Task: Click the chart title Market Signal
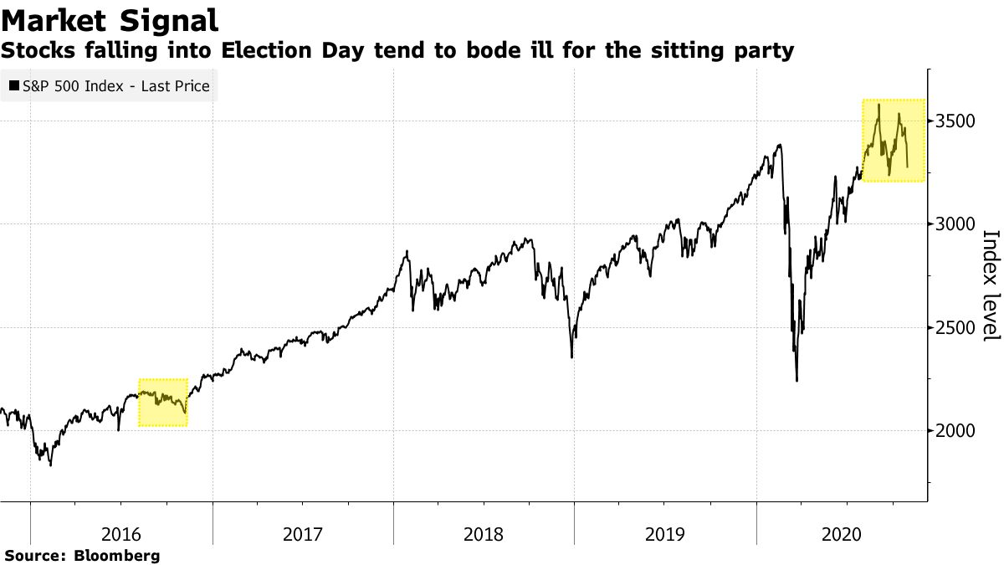[x=110, y=19]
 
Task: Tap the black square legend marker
[x=14, y=85]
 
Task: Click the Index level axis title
[x=991, y=285]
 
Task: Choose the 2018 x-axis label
[x=484, y=532]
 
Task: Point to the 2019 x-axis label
[x=665, y=532]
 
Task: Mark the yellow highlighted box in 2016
[x=162, y=402]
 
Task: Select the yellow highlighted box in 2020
[x=893, y=140]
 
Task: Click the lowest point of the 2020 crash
[x=797, y=381]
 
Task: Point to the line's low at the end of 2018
[x=571, y=357]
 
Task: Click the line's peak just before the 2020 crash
[x=780, y=145]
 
